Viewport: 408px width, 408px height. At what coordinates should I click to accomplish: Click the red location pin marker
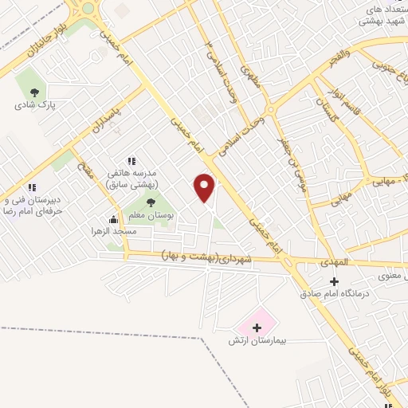[x=205, y=187]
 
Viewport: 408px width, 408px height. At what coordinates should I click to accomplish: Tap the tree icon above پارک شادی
[x=33, y=91]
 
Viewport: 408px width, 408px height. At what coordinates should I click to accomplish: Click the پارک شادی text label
[x=33, y=104]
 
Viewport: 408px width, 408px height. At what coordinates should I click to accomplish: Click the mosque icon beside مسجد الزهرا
[x=114, y=220]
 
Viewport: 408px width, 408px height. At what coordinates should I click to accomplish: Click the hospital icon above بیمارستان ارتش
[x=257, y=327]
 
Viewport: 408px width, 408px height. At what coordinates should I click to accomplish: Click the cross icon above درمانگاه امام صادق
[x=334, y=281]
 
